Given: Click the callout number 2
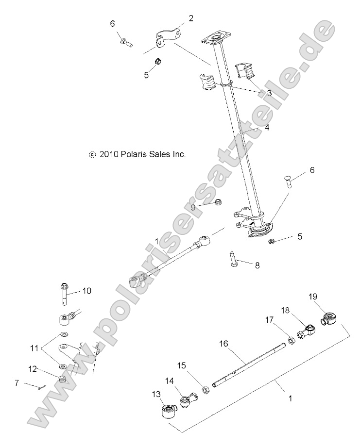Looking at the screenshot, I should pos(191,18).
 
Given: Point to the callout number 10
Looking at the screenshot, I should pos(86,291).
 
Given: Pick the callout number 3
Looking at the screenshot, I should pos(269,93).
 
